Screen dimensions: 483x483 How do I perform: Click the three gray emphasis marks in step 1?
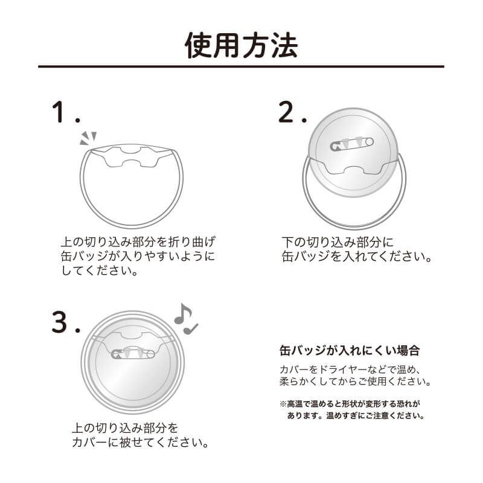88,138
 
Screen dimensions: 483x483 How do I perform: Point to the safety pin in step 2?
353,143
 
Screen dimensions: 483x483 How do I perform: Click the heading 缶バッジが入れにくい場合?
350,350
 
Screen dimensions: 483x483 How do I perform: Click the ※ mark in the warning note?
283,403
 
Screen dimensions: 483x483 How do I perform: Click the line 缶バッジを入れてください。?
357,257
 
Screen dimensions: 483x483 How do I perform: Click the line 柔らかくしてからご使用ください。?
355,382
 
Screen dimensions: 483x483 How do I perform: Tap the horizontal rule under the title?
241,66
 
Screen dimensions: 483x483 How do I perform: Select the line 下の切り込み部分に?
338,242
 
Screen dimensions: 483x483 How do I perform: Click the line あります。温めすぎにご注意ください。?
356,415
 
